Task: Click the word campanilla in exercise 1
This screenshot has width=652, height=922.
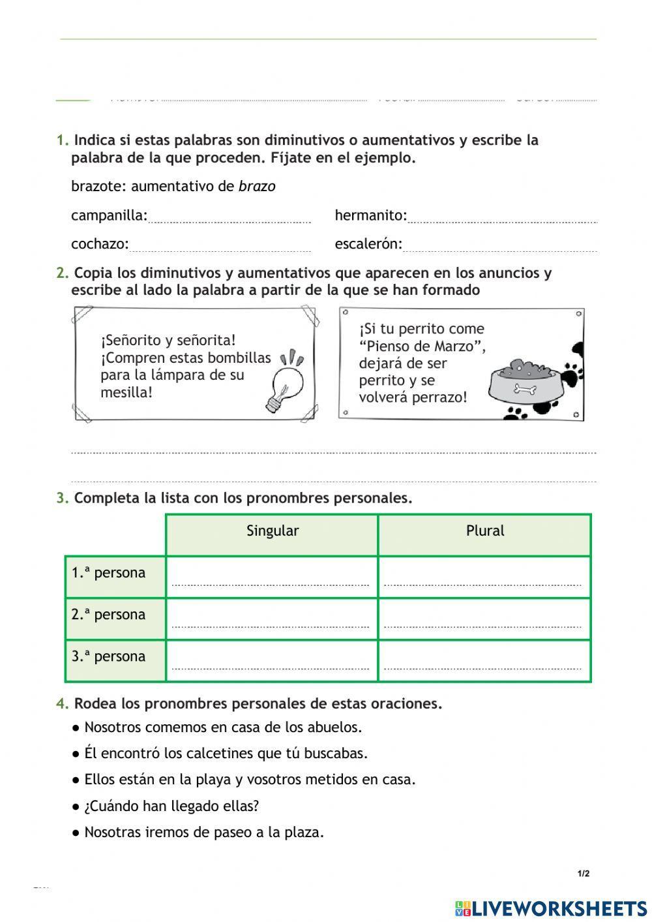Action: click(108, 215)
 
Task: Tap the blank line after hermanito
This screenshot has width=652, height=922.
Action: click(502, 217)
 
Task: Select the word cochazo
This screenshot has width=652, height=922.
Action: click(99, 244)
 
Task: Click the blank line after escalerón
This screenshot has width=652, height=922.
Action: click(499, 245)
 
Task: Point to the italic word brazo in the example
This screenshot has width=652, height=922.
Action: click(257, 187)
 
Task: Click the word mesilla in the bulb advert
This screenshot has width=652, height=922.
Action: click(125, 393)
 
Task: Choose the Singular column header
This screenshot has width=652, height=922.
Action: click(273, 531)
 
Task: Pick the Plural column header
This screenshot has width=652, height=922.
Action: click(484, 531)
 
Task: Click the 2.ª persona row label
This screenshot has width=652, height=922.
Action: click(109, 615)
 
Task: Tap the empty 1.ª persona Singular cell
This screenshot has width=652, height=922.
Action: click(271, 577)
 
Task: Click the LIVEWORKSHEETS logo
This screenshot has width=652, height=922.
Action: click(551, 908)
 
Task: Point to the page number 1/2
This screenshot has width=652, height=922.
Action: click(583, 874)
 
